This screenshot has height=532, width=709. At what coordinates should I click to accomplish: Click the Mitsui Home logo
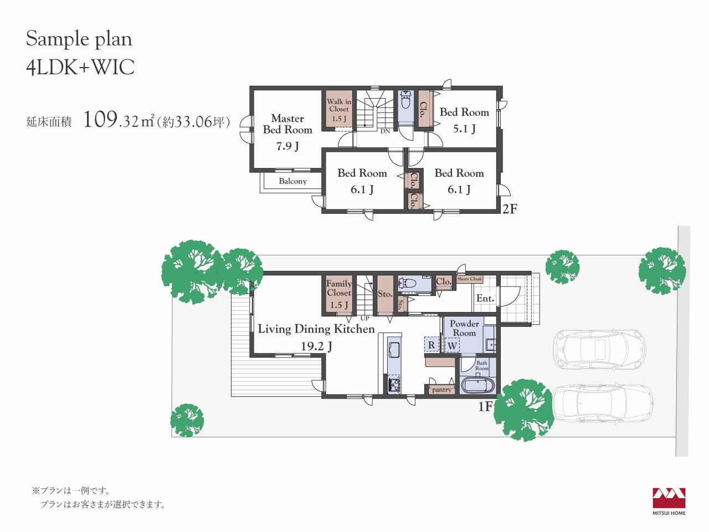[669, 501]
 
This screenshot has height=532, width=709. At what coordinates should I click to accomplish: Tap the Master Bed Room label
[287, 124]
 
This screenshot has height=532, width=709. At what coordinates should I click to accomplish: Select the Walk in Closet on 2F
[339, 110]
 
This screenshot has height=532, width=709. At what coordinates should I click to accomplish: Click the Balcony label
[292, 181]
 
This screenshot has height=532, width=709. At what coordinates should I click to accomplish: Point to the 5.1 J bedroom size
[464, 129]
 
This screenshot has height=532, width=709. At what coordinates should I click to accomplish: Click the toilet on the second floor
[405, 100]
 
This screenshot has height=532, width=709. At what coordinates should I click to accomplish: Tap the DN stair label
[385, 131]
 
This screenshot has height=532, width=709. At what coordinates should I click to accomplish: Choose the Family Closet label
[339, 288]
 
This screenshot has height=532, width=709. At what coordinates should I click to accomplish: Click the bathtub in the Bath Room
[478, 386]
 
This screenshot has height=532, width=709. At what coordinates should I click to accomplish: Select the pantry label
[441, 390]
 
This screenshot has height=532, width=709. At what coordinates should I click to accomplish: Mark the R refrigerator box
[431, 345]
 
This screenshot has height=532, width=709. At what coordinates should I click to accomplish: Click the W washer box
[452, 345]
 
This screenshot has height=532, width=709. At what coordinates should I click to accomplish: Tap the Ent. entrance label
[485, 299]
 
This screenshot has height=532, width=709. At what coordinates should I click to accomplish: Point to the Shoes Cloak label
[469, 278]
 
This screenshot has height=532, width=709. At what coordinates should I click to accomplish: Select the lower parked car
[602, 404]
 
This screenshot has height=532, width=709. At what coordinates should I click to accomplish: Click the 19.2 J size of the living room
[316, 346]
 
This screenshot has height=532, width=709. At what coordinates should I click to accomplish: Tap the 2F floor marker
[510, 209]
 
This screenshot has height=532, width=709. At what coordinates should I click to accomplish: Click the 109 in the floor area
[100, 119]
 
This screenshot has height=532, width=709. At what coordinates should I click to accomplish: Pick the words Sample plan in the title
[79, 39]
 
